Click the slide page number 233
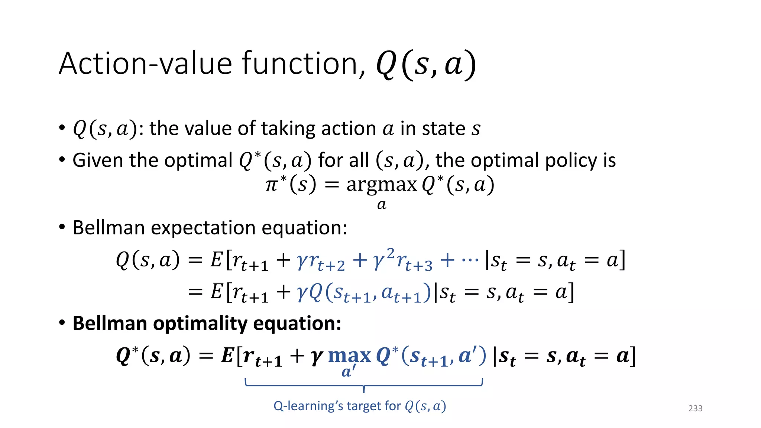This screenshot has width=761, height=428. coord(695,408)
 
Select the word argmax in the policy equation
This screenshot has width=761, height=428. coord(382,185)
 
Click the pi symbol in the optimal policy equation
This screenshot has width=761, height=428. coord(272,185)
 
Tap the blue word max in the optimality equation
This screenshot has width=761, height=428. coord(350,356)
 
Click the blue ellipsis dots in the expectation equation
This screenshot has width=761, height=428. coord(470,259)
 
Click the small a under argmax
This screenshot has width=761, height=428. coord(382,205)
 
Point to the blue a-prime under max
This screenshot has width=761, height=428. coord(349,371)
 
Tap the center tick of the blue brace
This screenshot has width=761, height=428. coord(364,389)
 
